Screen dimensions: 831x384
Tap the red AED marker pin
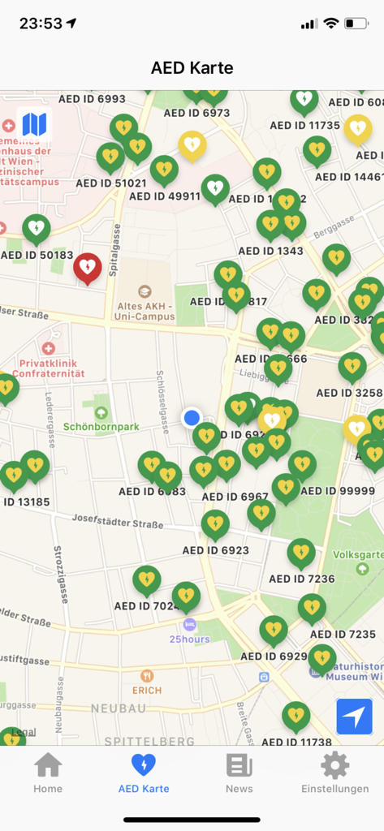(88, 267)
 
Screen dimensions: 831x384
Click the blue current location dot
(192, 417)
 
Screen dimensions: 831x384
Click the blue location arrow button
(354, 717)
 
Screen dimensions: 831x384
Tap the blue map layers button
(34, 124)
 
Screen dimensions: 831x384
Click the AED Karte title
(192, 67)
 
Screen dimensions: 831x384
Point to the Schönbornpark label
(101, 427)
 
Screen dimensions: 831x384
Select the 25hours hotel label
(189, 639)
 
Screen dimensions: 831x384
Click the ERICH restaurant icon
(147, 676)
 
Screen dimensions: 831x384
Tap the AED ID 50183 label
(37, 255)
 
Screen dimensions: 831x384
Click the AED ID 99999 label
(338, 491)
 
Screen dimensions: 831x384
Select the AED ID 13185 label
(27, 502)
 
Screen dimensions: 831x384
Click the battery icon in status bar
(356, 24)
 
